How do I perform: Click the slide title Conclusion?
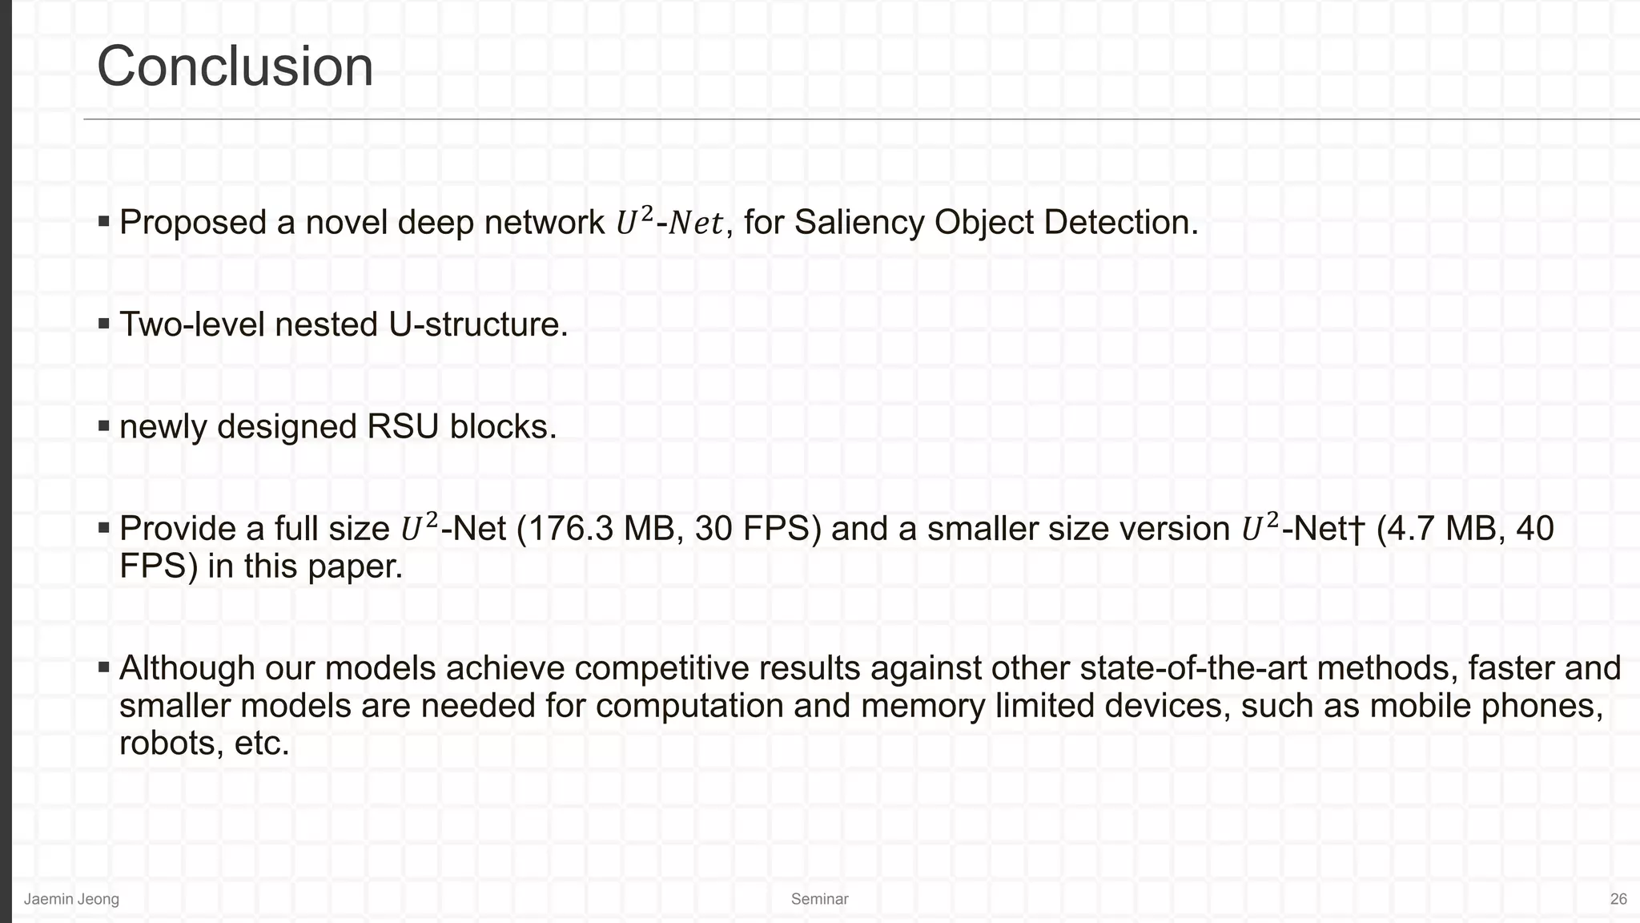[235, 67]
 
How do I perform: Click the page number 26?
[1618, 899]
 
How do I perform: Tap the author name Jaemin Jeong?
[71, 899]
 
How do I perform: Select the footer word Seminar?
[819, 899]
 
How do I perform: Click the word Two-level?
[192, 324]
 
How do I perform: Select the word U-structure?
[478, 324]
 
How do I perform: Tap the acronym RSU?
[403, 426]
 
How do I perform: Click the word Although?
[187, 668]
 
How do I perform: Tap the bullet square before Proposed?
[104, 220]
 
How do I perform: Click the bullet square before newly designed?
[104, 425]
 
